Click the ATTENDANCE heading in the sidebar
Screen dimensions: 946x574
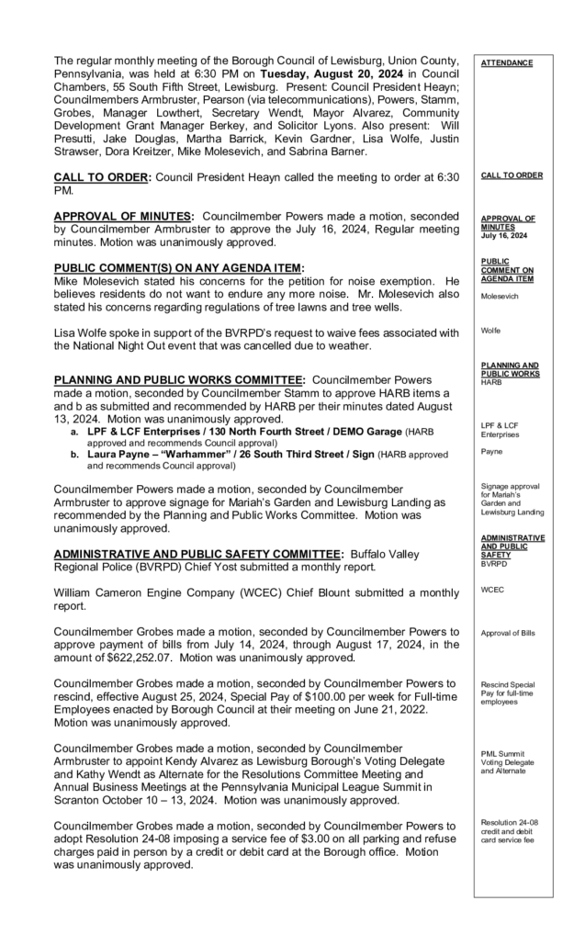[x=506, y=62]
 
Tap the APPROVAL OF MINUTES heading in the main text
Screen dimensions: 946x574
[x=123, y=216]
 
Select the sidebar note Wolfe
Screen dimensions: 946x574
[x=491, y=330]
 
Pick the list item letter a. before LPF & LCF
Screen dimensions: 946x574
[x=75, y=431]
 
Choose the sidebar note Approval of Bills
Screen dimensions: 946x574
[x=510, y=634]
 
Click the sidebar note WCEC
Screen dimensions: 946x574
[x=493, y=591]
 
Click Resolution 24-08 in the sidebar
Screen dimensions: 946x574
[x=508, y=822]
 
